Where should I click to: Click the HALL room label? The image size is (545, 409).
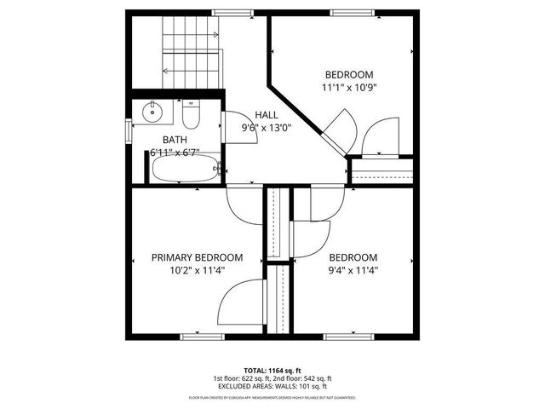coord(266,115)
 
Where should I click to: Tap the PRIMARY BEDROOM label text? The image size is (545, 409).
coord(197,257)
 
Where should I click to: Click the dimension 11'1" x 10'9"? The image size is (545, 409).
coord(349,88)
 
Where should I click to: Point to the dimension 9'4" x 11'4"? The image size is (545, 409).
coord(353,272)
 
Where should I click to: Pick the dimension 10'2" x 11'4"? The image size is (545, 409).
coord(197,272)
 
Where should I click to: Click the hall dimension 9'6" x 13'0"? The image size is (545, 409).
coord(266,129)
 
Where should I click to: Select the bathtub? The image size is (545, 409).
coord(183,170)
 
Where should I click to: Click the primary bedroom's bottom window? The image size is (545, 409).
coord(202,337)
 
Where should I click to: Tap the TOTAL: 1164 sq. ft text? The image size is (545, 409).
coord(272,371)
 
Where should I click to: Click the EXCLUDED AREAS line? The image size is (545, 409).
coord(272,386)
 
